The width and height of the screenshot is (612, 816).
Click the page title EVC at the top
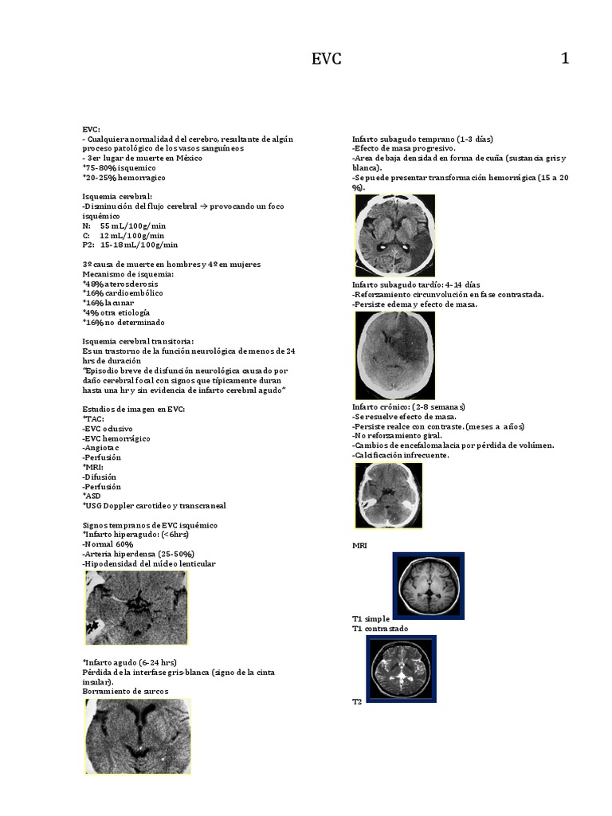point(326,59)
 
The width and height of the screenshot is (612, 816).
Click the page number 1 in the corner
point(565,58)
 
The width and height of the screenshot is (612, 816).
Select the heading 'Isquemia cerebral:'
point(117,196)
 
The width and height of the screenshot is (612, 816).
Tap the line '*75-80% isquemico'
point(119,167)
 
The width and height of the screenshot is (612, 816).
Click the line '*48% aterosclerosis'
point(120,284)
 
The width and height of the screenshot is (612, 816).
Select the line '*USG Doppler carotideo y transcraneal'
point(152,506)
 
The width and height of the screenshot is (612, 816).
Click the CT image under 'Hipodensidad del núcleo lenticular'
point(135,607)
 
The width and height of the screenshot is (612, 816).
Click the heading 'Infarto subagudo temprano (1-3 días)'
point(422,139)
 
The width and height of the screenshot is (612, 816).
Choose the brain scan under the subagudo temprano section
point(395,236)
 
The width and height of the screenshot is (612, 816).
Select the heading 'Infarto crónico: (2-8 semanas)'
point(408,407)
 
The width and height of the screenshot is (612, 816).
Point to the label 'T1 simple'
point(371,618)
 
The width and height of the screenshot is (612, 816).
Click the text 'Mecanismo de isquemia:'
point(127,273)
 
